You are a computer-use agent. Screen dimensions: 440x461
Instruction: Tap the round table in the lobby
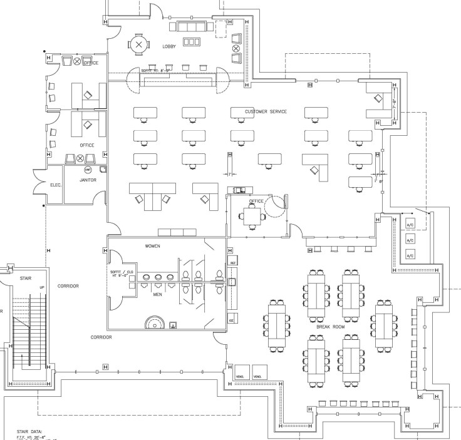pos(139,44)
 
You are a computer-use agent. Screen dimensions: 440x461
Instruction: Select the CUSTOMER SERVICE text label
pos(266,111)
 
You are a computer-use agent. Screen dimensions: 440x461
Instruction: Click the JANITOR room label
pos(88,180)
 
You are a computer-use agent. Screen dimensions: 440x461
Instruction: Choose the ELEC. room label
pos(57,185)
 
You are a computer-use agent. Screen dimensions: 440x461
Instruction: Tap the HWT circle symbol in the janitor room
pos(88,170)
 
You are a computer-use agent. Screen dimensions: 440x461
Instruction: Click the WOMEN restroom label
pos(153,246)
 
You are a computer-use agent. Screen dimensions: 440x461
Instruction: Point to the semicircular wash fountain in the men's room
pos(153,323)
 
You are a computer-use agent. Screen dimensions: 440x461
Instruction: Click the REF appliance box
pos(232,262)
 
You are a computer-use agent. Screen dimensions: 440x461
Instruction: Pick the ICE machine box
pos(232,320)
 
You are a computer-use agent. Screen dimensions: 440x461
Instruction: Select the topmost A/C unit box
pos(410,223)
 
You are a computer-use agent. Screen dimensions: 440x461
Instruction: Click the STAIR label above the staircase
pos(25,277)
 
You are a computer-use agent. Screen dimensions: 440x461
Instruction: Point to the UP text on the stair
pos(41,288)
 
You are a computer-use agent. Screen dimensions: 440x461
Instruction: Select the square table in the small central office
pos(252,216)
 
